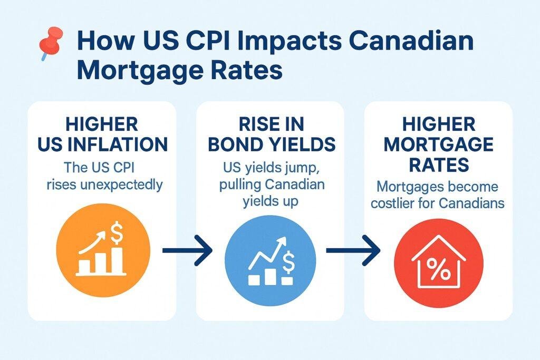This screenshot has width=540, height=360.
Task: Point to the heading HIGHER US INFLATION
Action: (102, 134)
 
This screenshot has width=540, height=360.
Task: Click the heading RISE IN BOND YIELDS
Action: (272, 134)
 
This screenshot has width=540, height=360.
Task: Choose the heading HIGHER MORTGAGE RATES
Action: (438, 144)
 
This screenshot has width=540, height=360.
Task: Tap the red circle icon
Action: (438, 263)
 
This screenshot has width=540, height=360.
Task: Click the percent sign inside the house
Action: (438, 269)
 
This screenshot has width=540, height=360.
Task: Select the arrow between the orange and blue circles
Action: (187, 250)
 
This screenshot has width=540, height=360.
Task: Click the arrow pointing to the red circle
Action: (353, 250)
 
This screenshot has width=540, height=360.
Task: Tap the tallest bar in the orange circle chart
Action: (117, 260)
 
